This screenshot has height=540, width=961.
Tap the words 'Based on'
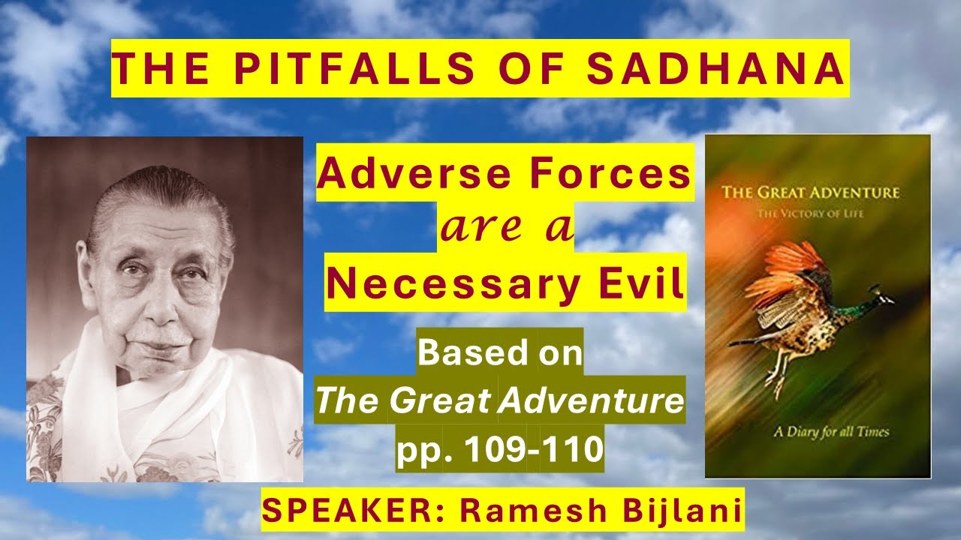500,353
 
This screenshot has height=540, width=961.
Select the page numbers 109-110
532,449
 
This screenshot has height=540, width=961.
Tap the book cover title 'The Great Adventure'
810,193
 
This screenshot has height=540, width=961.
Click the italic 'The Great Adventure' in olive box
500,401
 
